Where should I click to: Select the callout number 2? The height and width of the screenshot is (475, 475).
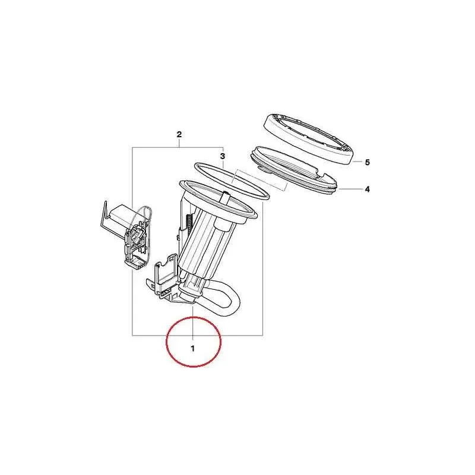[179, 135]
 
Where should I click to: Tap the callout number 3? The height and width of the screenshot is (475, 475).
[223, 156]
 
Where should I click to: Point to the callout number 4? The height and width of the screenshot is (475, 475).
[367, 189]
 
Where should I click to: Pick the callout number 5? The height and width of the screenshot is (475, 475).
[367, 161]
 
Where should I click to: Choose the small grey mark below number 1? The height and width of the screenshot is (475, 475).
[192, 369]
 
